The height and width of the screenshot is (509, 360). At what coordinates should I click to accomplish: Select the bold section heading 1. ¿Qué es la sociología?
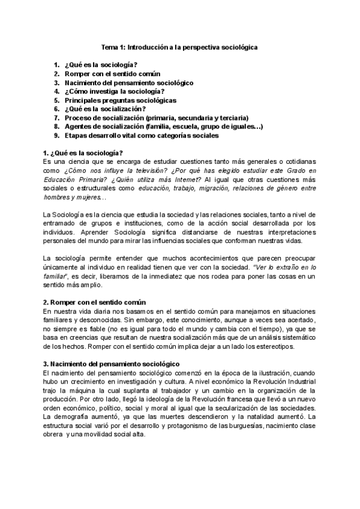(83, 153)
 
